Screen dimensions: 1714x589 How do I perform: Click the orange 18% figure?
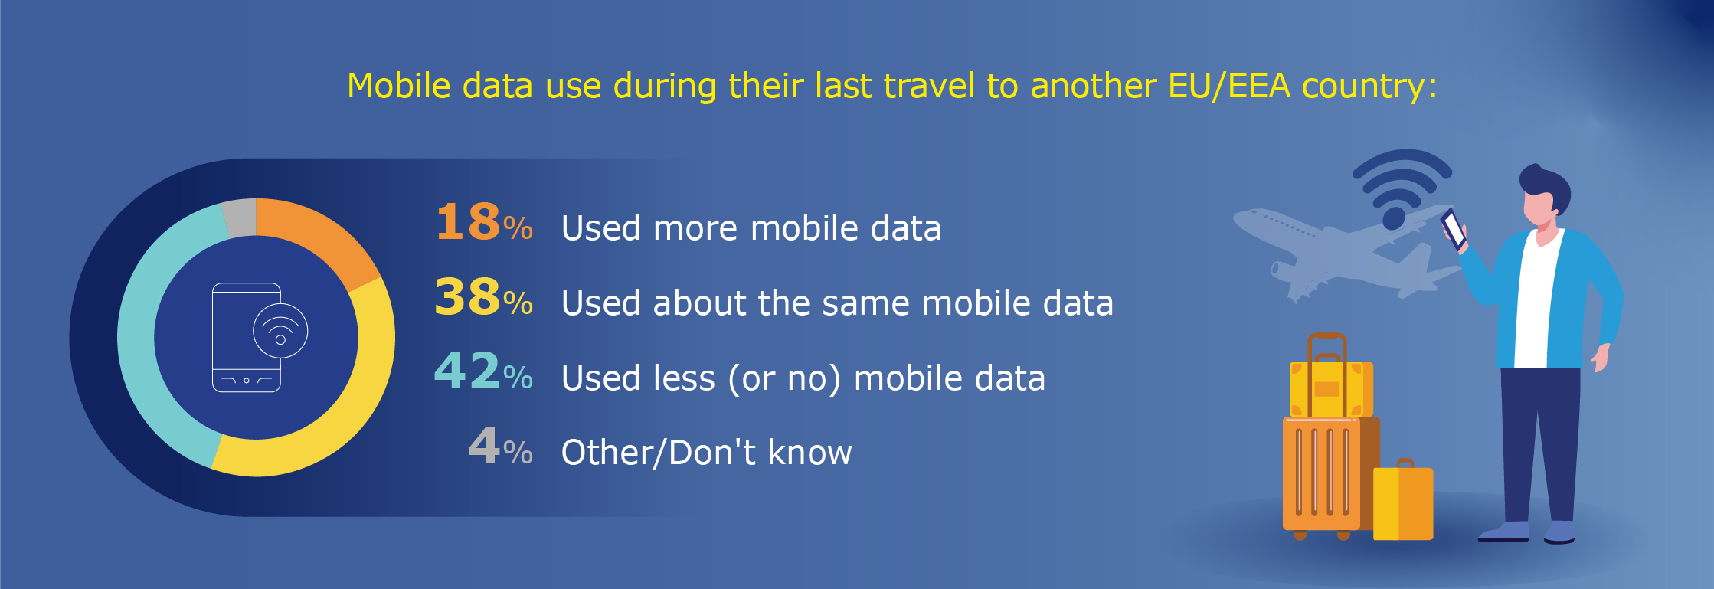tap(484, 222)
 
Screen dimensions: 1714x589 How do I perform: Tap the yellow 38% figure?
tap(484, 297)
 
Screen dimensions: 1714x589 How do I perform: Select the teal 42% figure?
tap(484, 371)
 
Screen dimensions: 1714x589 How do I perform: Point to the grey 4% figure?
tap(501, 447)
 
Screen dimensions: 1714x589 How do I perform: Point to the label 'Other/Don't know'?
tap(706, 452)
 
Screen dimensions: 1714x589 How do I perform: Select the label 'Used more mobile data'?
tap(751, 228)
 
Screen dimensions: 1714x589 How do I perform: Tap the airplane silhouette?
tap(1344, 249)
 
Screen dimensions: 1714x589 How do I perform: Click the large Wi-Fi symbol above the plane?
tap(1402, 184)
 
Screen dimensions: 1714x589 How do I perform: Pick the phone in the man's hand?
tap(1453, 229)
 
